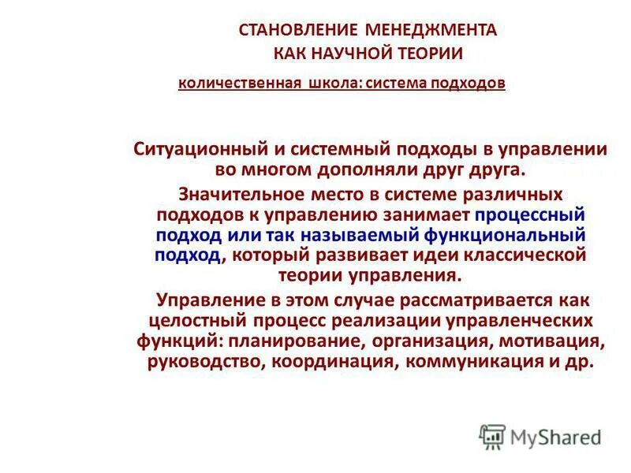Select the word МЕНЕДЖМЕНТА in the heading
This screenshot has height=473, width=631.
pyautogui.click(x=431, y=31)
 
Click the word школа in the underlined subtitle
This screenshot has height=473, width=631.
pyautogui.click(x=330, y=83)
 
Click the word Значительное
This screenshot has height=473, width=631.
pyautogui.click(x=237, y=193)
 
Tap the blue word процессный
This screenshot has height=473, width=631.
pyautogui.click(x=529, y=214)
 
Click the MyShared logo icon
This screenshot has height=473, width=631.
pyautogui.click(x=492, y=436)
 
